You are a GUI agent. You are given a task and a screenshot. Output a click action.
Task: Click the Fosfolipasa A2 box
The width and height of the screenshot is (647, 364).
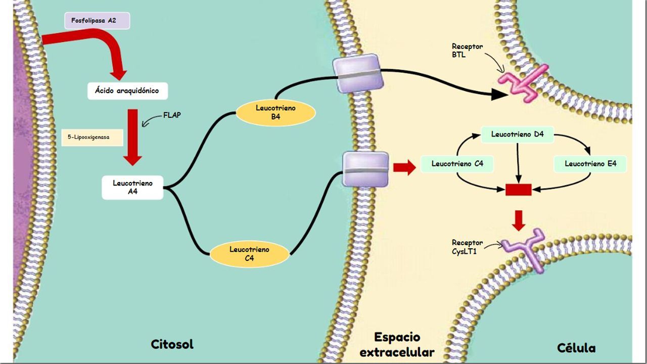click(97, 21)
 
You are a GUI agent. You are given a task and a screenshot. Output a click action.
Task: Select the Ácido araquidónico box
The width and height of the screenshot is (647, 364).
click(127, 90)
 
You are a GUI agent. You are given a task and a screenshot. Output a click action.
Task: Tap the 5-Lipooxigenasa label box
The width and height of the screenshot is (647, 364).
click(92, 137)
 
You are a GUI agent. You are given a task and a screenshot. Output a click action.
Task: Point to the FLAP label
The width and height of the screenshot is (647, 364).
click(172, 115)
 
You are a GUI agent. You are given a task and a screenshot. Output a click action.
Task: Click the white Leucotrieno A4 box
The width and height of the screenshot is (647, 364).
click(132, 187)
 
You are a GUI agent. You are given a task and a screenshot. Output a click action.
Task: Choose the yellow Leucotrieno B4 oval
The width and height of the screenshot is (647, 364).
click(275, 112)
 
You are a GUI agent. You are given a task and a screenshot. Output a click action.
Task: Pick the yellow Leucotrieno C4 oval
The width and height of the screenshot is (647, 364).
click(249, 254)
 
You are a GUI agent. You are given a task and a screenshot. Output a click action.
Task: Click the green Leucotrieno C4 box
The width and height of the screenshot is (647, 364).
click(457, 164)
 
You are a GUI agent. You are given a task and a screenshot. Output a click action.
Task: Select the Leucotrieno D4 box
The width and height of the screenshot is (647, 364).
click(517, 134)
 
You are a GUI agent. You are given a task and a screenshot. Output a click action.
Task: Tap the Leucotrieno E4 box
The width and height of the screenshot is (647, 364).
click(590, 164)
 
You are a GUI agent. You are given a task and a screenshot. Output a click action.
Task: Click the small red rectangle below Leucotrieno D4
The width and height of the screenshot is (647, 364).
click(519, 190)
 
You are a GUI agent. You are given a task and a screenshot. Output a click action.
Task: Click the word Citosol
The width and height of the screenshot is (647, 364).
click(172, 344)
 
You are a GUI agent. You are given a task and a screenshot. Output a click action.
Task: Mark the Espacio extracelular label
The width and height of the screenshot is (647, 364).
click(397, 345)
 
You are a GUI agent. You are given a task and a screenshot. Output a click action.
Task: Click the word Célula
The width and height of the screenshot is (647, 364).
click(576, 348)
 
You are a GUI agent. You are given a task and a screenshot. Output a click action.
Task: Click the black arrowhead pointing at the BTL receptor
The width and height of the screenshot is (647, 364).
click(499, 95)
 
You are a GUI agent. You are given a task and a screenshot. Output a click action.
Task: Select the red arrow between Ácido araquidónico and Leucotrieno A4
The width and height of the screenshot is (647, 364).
click(132, 138)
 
